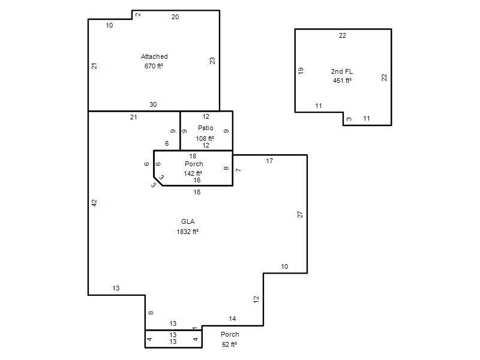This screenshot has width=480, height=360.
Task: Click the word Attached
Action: pyautogui.click(x=154, y=56)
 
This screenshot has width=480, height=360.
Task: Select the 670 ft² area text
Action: pyautogui.click(x=154, y=66)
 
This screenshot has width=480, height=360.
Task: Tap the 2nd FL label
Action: pyautogui.click(x=342, y=71)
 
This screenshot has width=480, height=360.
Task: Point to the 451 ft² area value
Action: pyautogui.click(x=342, y=80)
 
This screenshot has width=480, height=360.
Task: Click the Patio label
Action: pyautogui.click(x=205, y=128)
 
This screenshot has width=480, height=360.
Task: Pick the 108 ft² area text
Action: pyautogui.click(x=205, y=139)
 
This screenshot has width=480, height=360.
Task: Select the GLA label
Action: pyautogui.click(x=188, y=221)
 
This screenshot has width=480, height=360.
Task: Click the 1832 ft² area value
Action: pyautogui.click(x=187, y=232)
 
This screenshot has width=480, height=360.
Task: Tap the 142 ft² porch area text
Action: pyautogui.click(x=193, y=173)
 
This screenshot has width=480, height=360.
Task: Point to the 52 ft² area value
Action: pyautogui.click(x=229, y=344)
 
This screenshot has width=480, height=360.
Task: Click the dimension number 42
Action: pyautogui.click(x=94, y=203)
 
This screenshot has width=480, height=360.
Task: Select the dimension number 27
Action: pyautogui.click(x=300, y=214)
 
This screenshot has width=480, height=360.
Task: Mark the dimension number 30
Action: pyautogui.click(x=153, y=104)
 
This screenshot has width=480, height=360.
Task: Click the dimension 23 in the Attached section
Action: pyautogui.click(x=212, y=61)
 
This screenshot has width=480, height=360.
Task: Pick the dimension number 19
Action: pyautogui.click(x=301, y=71)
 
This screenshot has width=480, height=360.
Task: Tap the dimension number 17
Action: pyautogui.click(x=269, y=161)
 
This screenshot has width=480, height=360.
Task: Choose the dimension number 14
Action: pyautogui.click(x=232, y=319)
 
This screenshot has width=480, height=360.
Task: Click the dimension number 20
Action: pyautogui.click(x=175, y=17)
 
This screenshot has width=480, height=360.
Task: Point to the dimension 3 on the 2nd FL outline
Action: pyautogui.click(x=349, y=119)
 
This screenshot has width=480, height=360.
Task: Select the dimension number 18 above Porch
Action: pyautogui.click(x=193, y=156)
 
